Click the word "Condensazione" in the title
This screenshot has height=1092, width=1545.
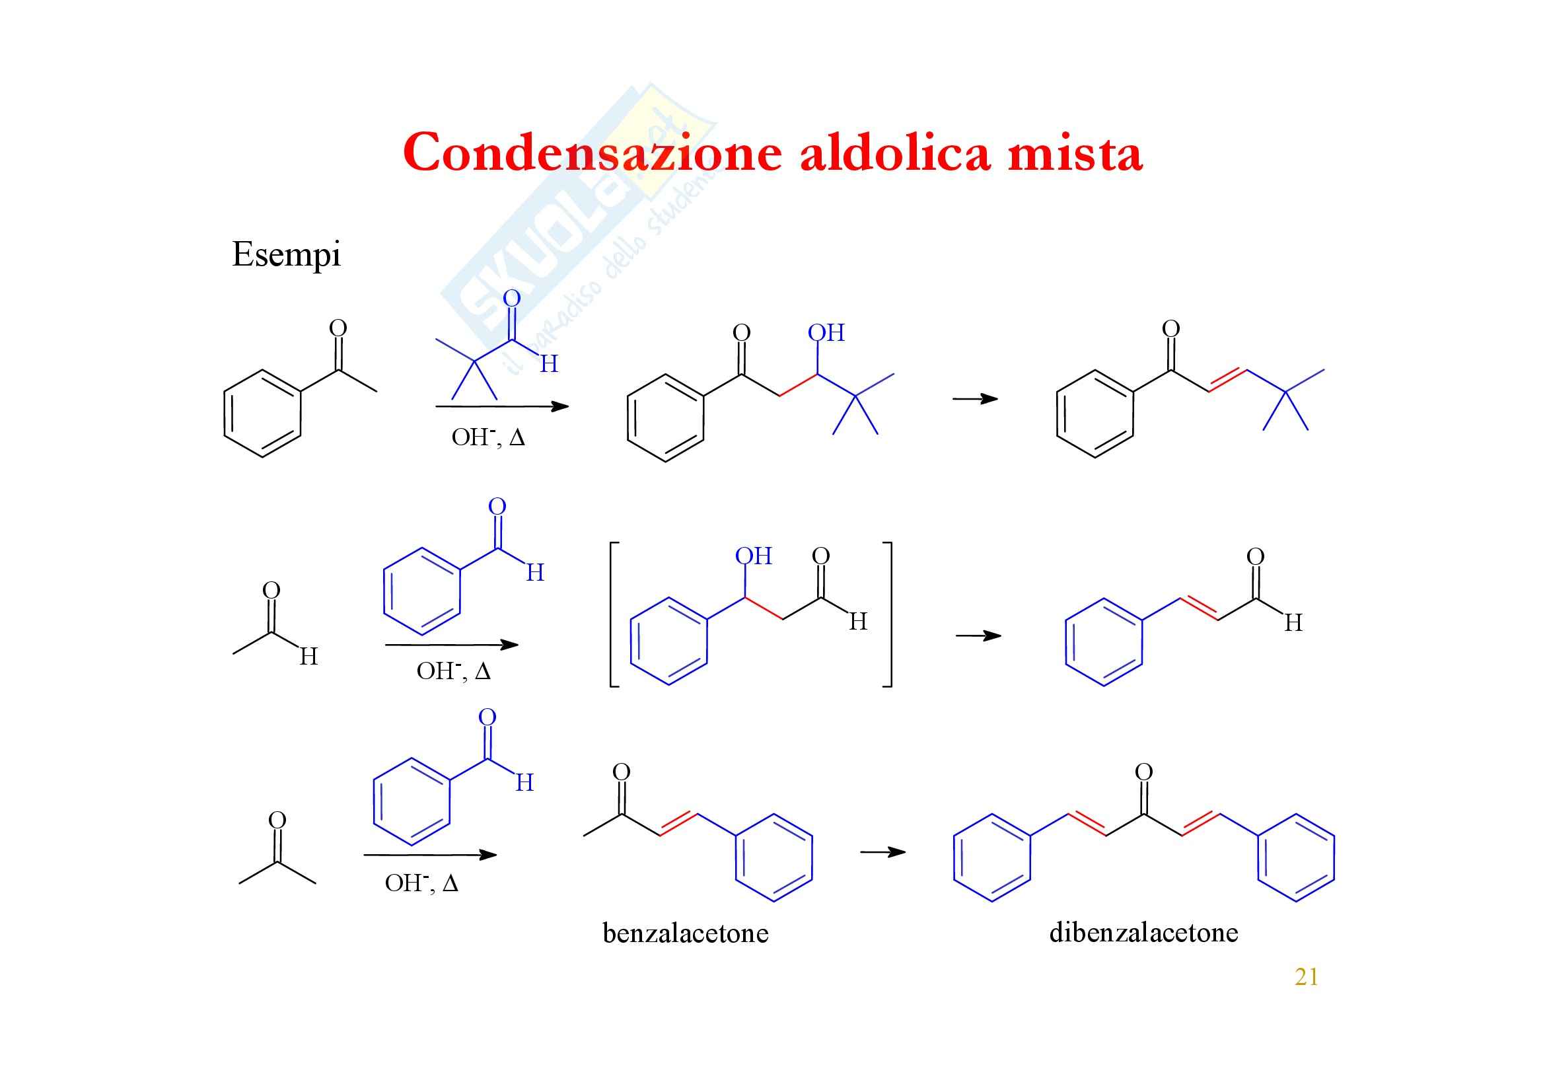point(592,153)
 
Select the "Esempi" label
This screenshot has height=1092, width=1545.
point(286,254)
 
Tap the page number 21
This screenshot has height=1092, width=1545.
point(1306,976)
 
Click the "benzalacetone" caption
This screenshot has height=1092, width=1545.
point(685,933)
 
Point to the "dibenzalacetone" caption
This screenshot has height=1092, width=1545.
point(1143,933)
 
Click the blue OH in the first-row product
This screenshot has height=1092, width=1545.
point(826,332)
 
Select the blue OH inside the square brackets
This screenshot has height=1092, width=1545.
point(753,556)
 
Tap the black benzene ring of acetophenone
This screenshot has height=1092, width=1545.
point(262,413)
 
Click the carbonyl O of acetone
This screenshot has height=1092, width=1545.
point(277,820)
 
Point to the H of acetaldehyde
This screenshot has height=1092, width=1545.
point(308,656)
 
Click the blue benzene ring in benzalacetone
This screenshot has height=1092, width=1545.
point(774,858)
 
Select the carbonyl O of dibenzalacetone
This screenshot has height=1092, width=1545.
point(1143,772)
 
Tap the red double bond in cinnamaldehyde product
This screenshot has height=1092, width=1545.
point(1199,608)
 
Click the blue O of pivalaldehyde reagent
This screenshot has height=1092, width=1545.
point(512,298)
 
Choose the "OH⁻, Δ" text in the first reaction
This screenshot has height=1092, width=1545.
point(488,437)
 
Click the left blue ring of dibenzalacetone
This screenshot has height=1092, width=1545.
point(992,858)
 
